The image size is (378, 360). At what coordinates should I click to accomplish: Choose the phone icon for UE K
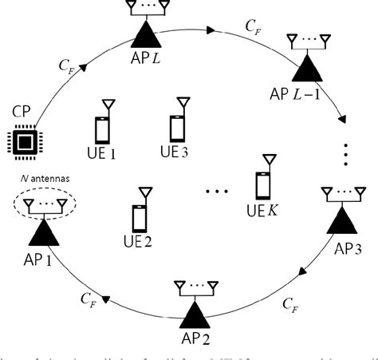click(x=263, y=184)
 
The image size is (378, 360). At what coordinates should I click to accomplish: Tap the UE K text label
click(x=266, y=210)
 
